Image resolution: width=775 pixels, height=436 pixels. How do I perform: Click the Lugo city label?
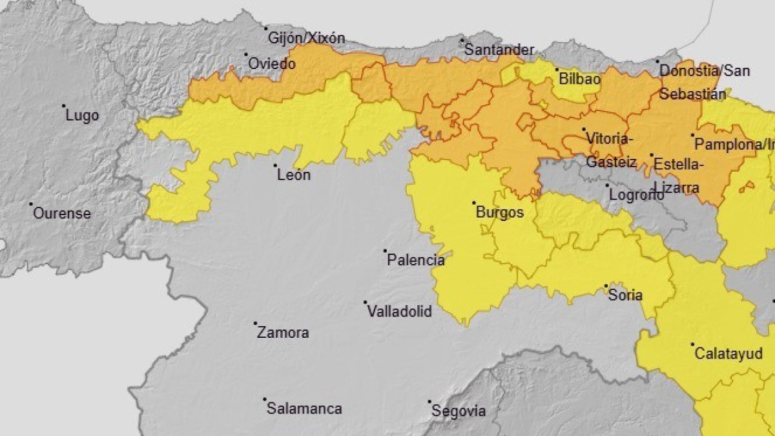(x=83, y=116)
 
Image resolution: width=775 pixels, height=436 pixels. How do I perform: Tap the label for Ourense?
(x=61, y=213)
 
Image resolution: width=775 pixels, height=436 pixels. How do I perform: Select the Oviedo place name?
(x=272, y=64)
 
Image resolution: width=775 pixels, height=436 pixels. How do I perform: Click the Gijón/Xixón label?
(x=306, y=38)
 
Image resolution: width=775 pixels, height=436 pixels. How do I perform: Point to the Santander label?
(x=499, y=50)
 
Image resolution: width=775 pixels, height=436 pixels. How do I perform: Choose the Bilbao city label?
(x=579, y=79)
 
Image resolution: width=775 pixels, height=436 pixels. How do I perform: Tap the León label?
(x=293, y=174)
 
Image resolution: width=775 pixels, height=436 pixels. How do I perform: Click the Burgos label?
(x=499, y=212)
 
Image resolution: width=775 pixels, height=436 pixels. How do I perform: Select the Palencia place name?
(x=415, y=260)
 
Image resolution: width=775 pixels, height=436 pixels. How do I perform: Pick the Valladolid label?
(x=398, y=311)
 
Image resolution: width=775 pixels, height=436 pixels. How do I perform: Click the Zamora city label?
(x=282, y=333)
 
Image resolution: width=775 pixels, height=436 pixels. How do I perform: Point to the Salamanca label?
(x=304, y=409)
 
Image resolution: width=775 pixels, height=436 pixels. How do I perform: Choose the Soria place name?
(x=625, y=295)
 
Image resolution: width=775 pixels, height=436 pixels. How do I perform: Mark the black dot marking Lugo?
(x=64, y=106)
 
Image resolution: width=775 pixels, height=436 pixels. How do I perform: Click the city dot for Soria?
(x=606, y=285)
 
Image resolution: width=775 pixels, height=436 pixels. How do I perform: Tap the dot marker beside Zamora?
(x=255, y=324)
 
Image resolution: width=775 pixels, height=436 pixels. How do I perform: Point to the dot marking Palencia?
(x=385, y=251)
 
